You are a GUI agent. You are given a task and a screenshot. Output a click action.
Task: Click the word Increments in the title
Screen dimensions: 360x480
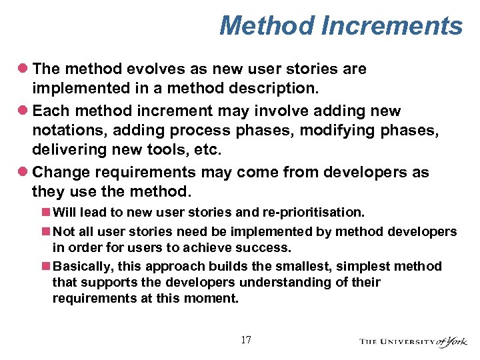coord(391,26)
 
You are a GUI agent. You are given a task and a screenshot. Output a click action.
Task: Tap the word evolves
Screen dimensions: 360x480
coord(143,69)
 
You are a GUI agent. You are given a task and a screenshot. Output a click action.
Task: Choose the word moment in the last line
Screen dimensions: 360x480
coord(213,298)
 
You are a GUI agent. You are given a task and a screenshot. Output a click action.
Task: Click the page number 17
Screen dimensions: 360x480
coord(246,340)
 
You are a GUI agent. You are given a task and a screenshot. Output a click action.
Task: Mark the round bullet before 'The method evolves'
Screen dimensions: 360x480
coord(24,69)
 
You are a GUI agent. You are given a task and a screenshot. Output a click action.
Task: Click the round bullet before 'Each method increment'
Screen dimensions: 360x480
coord(24,109)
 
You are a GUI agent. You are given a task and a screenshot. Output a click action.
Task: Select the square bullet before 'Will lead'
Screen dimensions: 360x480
coord(45,213)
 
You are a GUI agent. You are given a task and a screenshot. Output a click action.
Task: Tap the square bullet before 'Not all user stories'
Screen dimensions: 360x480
coord(45,231)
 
